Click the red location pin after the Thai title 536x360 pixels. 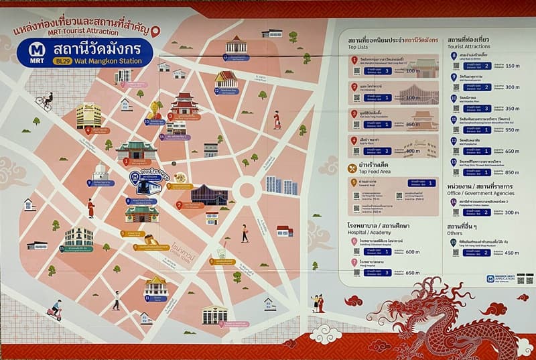155,32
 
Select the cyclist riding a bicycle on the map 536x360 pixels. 44,101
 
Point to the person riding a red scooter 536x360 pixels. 54,310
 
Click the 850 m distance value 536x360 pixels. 513,172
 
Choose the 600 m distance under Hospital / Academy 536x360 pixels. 412,252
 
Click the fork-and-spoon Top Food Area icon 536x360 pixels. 352,167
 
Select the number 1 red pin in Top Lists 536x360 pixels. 354,60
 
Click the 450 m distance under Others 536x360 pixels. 513,253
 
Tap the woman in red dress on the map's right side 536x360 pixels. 277,119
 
